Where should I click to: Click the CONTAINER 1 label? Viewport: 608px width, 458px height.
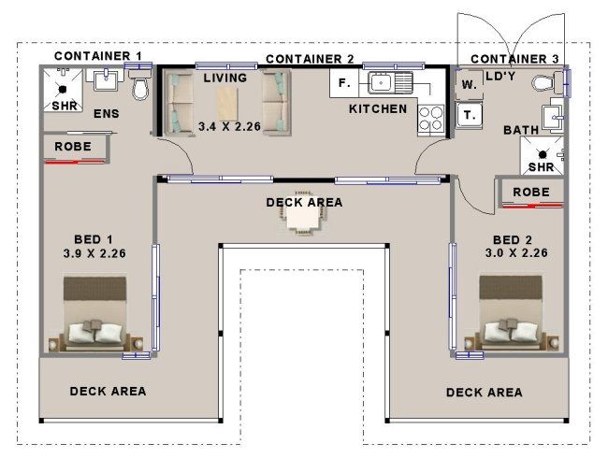click(97, 56)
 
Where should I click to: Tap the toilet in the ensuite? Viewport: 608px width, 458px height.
click(139, 84)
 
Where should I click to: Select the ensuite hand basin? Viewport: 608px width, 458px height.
click(105, 79)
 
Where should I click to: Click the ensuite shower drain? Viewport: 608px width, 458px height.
click(63, 90)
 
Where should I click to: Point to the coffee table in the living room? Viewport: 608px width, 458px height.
click(227, 104)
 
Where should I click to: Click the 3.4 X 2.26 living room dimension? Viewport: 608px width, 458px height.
click(229, 126)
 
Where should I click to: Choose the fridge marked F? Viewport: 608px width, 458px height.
click(344, 83)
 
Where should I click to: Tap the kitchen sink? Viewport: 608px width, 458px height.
click(390, 82)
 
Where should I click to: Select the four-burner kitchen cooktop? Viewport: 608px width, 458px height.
click(431, 119)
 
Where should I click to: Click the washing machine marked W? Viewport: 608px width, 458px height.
click(470, 84)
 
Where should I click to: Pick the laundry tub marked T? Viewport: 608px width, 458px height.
click(469, 115)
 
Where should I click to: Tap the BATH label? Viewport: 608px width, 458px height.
click(521, 130)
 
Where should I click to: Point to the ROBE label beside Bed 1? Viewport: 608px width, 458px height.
click(73, 147)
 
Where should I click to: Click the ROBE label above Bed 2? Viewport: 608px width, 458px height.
click(531, 193)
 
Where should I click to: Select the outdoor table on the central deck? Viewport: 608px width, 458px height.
click(304, 213)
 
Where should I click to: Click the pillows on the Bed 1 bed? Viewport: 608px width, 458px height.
click(95, 332)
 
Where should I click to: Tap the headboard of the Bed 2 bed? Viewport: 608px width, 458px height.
click(511, 287)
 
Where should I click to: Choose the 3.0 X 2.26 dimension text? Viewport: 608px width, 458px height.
click(516, 253)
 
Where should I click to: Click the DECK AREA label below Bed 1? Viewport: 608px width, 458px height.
click(108, 392)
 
